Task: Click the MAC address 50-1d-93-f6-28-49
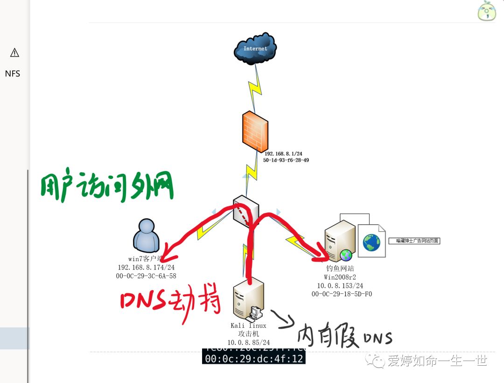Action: pyautogui.click(x=286, y=160)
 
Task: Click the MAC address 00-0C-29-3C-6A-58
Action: pyautogui.click(x=146, y=276)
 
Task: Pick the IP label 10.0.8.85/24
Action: pyautogui.click(x=248, y=342)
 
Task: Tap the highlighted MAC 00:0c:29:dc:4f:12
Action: pyautogui.click(x=254, y=359)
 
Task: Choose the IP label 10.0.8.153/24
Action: pyautogui.click(x=340, y=285)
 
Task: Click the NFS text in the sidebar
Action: pyautogui.click(x=13, y=74)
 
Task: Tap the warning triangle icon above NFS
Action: pyautogui.click(x=14, y=52)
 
